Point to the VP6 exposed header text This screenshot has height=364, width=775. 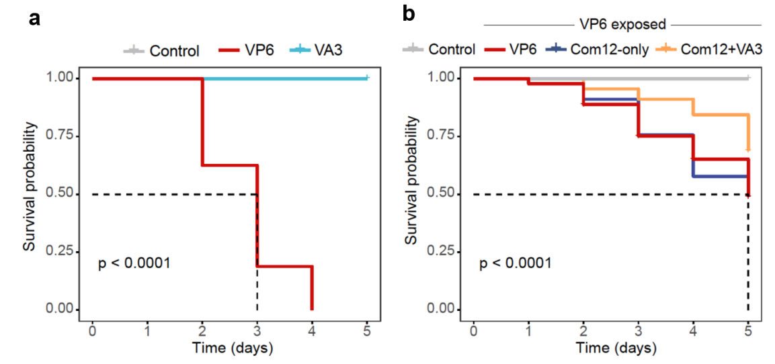click(622, 25)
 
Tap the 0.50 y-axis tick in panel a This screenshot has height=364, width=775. click(59, 194)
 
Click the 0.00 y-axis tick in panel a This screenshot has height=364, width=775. click(59, 310)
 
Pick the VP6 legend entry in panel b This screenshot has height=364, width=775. click(522, 49)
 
